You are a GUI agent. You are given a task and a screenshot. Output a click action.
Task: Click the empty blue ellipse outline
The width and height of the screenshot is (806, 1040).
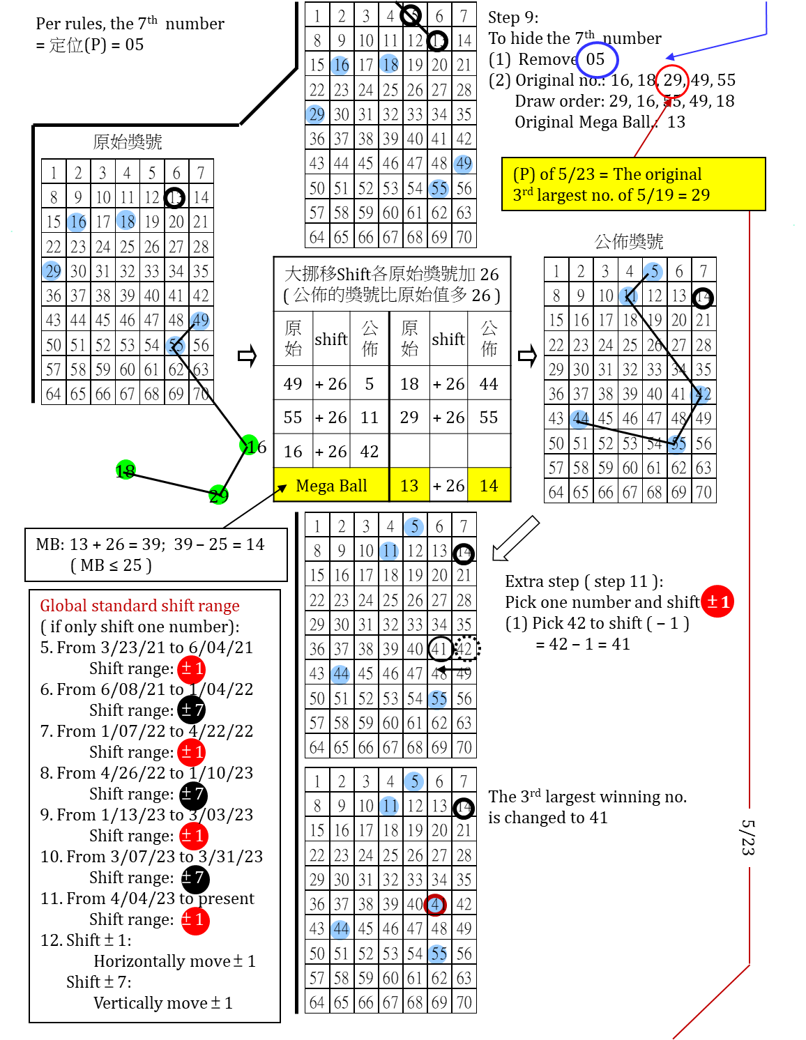(597, 60)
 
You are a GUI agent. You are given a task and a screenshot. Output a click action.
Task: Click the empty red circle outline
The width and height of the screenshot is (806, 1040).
(672, 82)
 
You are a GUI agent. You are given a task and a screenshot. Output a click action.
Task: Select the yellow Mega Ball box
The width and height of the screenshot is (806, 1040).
(331, 484)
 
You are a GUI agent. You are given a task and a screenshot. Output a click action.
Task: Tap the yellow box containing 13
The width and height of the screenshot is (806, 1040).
(409, 484)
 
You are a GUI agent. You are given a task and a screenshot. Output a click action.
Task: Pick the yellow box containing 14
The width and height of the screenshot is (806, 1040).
(489, 484)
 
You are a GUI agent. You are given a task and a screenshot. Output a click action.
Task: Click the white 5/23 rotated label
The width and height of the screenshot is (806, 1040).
(748, 837)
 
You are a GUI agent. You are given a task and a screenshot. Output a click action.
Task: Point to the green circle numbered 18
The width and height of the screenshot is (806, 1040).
(126, 470)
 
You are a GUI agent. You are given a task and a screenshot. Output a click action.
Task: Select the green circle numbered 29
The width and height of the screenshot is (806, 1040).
(218, 494)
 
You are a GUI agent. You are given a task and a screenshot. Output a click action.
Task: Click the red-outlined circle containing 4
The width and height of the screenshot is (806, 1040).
(435, 905)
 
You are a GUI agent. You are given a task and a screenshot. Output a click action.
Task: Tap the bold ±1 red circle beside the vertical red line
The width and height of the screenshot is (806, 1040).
(717, 601)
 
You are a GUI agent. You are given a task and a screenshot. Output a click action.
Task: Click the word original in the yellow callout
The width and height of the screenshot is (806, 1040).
(674, 174)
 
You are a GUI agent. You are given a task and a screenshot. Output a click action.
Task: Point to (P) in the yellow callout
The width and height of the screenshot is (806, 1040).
(524, 174)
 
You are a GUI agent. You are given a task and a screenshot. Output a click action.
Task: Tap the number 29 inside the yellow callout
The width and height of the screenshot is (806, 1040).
(700, 195)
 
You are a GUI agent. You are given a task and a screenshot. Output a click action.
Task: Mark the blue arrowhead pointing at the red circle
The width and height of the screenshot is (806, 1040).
(670, 57)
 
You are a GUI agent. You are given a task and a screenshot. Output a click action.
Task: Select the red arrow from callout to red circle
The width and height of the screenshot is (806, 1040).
(652, 129)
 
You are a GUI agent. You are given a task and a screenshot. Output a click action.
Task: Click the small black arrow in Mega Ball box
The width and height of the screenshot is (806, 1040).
(281, 489)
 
